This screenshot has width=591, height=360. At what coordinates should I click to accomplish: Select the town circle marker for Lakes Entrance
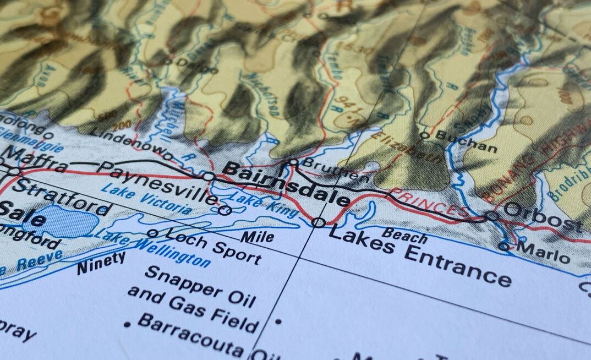tap(318, 222)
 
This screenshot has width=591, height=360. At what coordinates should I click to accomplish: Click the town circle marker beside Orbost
tap(491, 216)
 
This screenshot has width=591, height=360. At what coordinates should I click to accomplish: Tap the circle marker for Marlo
tap(504, 247)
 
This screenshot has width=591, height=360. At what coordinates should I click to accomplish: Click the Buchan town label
tap(466, 141)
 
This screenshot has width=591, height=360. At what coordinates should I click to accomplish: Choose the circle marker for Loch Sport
tap(152, 233)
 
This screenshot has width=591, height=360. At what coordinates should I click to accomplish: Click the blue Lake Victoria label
tap(146, 199)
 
